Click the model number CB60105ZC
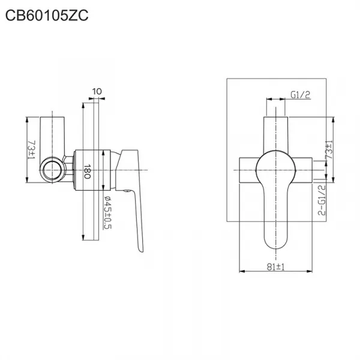pos(47,16)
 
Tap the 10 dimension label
pos(97,92)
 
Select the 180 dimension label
pos(87,171)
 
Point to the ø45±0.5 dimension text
pos(107,212)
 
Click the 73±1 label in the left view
pos(31,150)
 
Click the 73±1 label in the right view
pos(329,149)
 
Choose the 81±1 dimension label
pos(275,267)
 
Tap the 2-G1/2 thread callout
pos(322,200)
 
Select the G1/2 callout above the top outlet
pos(301,95)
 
